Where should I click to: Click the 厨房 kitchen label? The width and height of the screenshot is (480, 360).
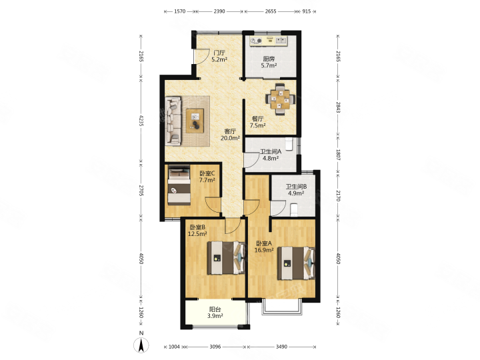point(269,59)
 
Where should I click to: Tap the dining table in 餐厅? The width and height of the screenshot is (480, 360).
point(280,99)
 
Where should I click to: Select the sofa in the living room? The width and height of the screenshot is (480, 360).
point(173,121)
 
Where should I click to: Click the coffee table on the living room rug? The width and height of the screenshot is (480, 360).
point(195,121)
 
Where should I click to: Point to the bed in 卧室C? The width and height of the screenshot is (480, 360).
point(179,185)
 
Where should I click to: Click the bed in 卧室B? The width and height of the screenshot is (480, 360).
point(227,258)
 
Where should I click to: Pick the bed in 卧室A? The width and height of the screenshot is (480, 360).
point(296,263)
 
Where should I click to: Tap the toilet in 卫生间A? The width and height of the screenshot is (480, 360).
point(289,144)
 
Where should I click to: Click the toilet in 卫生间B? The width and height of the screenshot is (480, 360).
point(293,209)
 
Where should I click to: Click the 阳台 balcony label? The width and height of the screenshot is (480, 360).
point(215,309)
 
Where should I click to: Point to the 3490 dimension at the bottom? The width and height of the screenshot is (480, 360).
point(281,347)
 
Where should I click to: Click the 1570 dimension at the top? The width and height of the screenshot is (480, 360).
point(180,11)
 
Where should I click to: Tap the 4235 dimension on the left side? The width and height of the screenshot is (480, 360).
point(141,121)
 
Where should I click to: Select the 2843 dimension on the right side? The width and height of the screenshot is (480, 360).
point(338,107)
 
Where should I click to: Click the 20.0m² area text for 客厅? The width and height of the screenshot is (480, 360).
point(230,138)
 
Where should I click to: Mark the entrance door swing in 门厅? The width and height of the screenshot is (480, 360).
point(202,57)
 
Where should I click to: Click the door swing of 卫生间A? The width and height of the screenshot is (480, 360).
point(251,160)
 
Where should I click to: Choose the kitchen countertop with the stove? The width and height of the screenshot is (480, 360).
point(269,41)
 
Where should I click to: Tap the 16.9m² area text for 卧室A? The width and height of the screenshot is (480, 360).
point(264,250)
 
